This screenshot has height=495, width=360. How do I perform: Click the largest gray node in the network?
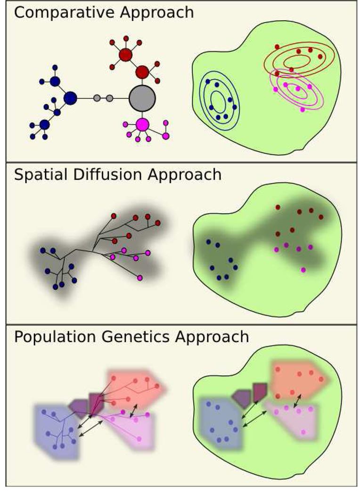pyautogui.click(x=142, y=98)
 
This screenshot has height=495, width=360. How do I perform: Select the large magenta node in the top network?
pyautogui.click(x=142, y=124)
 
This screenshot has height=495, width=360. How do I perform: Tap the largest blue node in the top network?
pyautogui.click(x=70, y=98)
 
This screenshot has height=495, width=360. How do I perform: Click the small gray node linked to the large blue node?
pyautogui.click(x=97, y=98)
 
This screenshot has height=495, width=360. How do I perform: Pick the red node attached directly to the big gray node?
pyautogui.click(x=142, y=72)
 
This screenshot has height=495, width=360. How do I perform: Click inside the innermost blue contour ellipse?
pyautogui.click(x=218, y=100)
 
